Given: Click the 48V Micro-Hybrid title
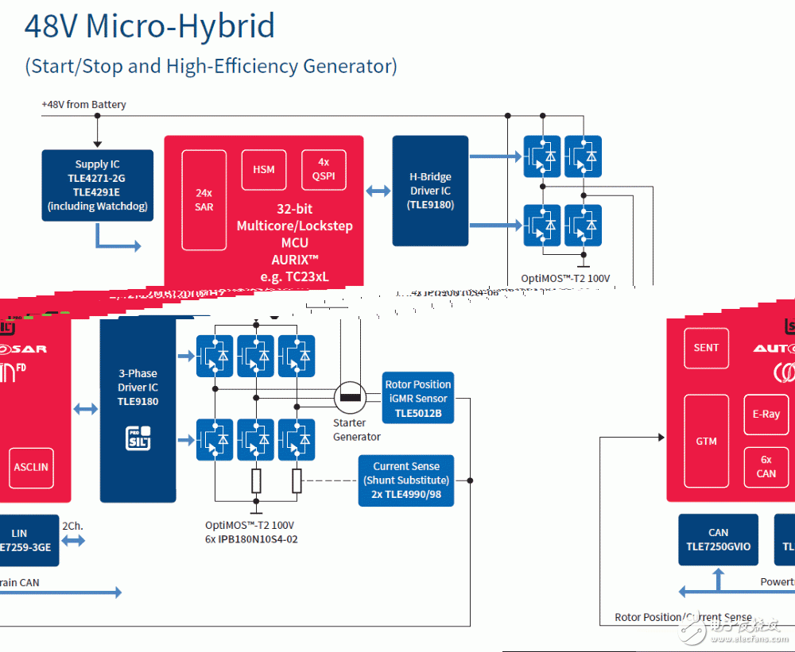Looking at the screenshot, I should [x=149, y=27].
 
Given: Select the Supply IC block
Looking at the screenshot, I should [x=98, y=185].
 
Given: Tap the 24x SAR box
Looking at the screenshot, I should [x=204, y=200].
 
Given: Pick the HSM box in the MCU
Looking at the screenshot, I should [x=264, y=169].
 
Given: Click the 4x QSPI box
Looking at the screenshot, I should [x=324, y=169].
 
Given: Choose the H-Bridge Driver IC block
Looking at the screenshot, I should [x=430, y=191].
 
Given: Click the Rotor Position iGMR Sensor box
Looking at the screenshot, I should [x=418, y=398].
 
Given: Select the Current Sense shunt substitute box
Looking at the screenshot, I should [x=406, y=480].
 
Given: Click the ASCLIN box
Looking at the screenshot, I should [x=31, y=468].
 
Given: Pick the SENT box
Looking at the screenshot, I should [x=706, y=348].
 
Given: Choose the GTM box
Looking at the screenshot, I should [x=706, y=442].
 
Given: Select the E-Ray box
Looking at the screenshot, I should [x=766, y=415].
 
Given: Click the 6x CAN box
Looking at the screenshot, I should [x=766, y=467].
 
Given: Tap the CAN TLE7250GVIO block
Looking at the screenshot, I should [x=718, y=540].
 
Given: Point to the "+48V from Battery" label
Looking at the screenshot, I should [x=83, y=105].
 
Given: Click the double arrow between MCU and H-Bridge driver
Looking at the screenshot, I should [x=378, y=191].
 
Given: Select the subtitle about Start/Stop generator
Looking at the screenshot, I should [x=211, y=66].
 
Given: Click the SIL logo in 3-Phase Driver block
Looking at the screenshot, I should [x=138, y=438].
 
